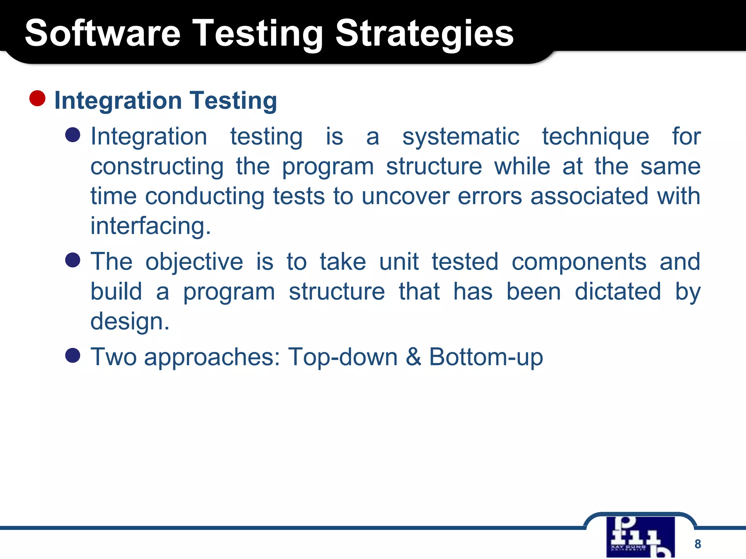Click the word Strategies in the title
click(424, 33)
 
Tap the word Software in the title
click(102, 33)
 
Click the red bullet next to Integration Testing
click(37, 99)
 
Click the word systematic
click(460, 137)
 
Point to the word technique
click(595, 137)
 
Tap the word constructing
click(157, 167)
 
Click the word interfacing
click(150, 226)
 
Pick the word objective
click(194, 262)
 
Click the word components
click(579, 262)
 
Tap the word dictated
click(617, 292)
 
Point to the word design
click(130, 322)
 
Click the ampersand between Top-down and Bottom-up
click(413, 357)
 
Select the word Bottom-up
click(486, 357)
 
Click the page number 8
click(698, 544)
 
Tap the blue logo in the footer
click(640, 537)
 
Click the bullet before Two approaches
click(73, 355)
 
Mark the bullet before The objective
click(73, 260)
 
